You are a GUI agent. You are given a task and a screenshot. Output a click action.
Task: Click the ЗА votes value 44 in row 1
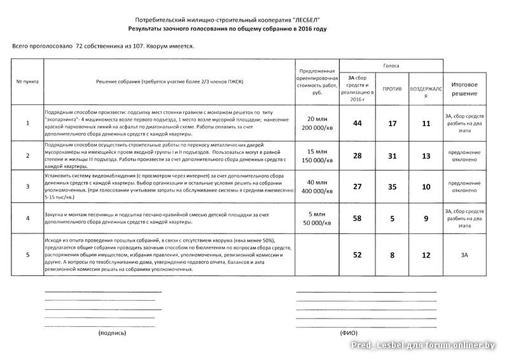[x=357, y=123]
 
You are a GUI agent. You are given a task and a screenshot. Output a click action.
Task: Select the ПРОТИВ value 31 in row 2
[x=392, y=156]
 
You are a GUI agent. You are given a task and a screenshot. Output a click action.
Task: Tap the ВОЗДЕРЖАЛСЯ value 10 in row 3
[x=426, y=186]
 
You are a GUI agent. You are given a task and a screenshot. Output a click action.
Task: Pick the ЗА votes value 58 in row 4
[x=357, y=219]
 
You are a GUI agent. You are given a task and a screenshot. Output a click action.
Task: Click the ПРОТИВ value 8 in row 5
[x=392, y=255]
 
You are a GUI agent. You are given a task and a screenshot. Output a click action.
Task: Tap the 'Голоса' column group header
[x=391, y=66]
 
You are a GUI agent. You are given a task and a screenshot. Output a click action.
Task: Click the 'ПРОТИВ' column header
[x=392, y=88]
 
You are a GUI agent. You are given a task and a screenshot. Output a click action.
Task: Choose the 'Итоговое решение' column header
[x=464, y=88]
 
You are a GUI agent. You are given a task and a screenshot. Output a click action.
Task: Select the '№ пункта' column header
[x=27, y=82]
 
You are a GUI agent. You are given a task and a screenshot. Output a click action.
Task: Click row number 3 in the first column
[x=27, y=186]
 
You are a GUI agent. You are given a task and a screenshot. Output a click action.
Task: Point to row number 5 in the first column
[x=27, y=255]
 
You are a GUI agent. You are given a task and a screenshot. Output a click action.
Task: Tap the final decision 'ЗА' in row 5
[x=464, y=255]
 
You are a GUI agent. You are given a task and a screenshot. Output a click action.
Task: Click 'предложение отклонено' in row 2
[x=464, y=156]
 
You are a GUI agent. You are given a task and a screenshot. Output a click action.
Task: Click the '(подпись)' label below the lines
[x=112, y=333]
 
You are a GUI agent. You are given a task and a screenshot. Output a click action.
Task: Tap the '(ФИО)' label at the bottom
[x=349, y=333]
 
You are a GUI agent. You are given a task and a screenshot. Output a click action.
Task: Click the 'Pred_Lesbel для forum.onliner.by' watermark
[x=422, y=345]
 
